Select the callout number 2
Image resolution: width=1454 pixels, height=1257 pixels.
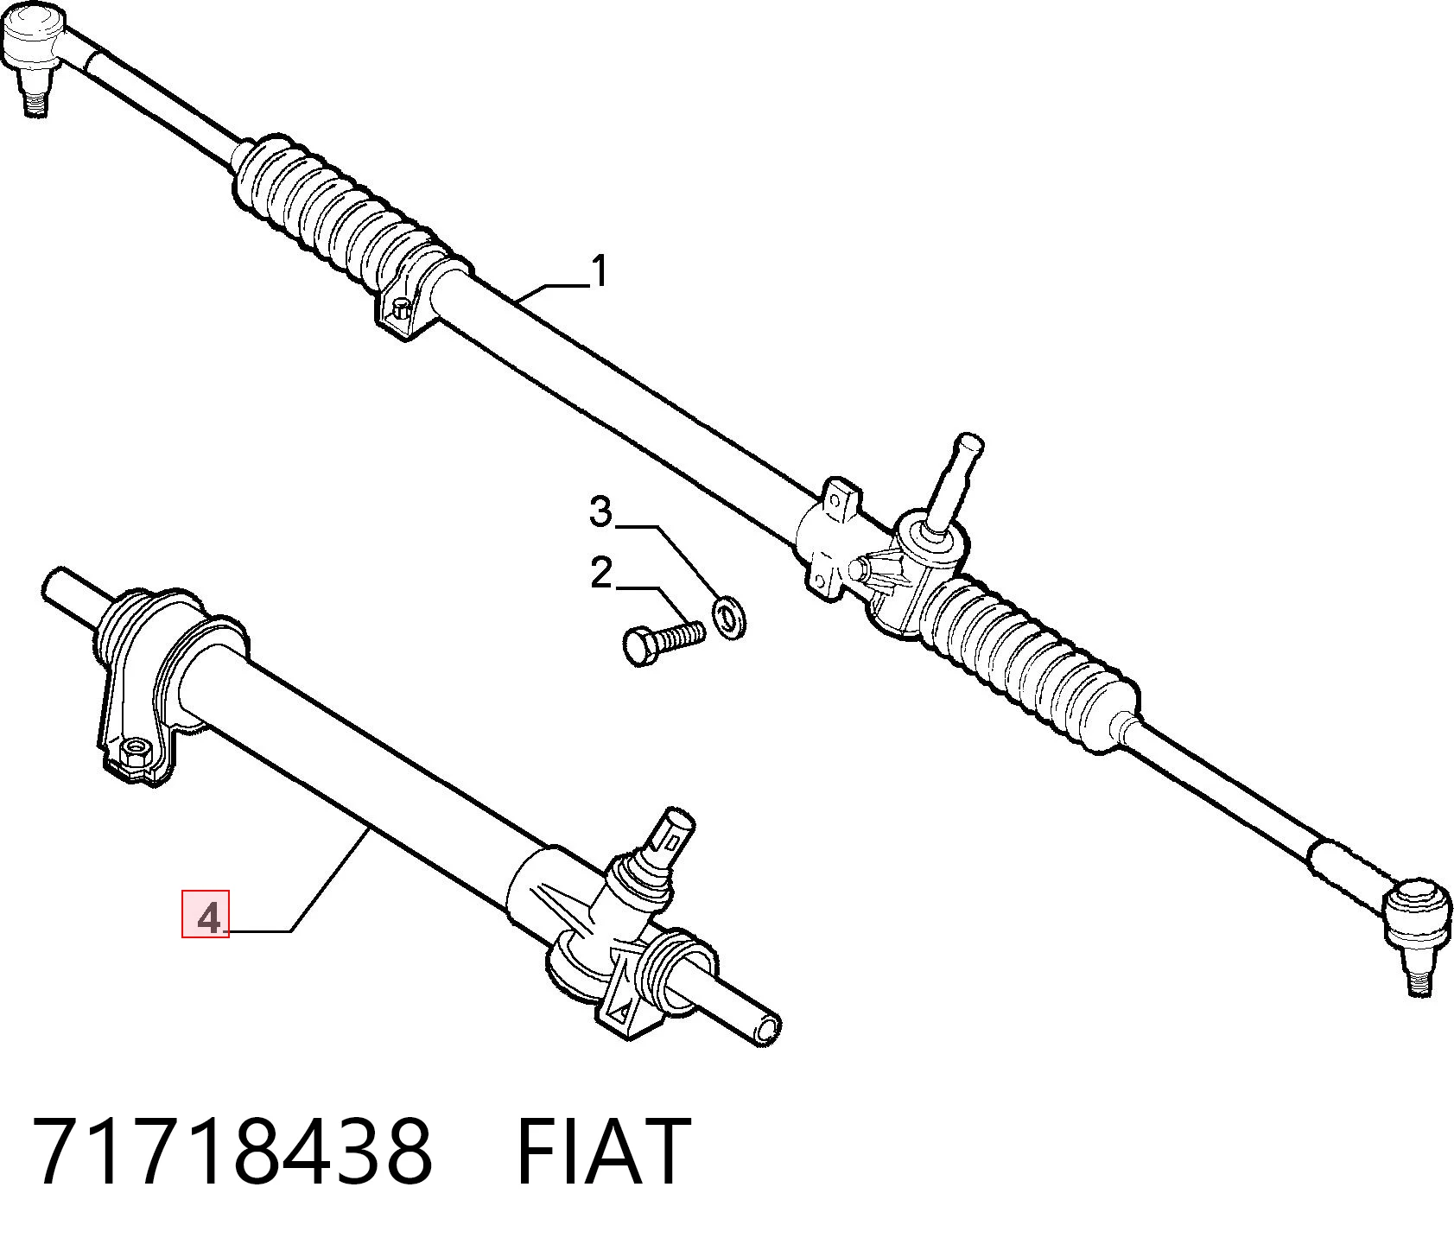click(601, 574)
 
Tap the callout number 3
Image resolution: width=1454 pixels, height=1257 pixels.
click(600, 511)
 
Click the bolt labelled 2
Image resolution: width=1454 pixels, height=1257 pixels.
click(664, 640)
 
